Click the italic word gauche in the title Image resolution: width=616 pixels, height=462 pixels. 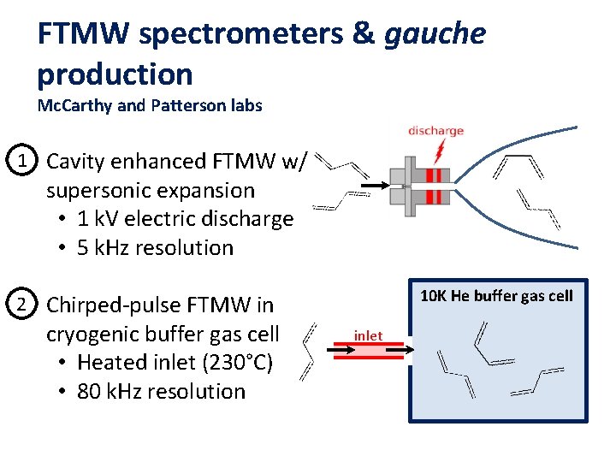435,34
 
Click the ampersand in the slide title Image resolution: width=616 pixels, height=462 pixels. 364,33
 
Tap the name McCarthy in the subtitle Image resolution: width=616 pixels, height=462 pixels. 74,106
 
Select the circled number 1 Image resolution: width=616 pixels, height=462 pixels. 21,160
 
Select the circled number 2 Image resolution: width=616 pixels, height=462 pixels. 21,304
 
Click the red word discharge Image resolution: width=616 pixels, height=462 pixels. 435,131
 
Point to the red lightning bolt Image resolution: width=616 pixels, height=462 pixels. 439,151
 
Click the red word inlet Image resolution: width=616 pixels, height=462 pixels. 368,336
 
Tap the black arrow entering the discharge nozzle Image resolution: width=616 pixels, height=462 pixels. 376,185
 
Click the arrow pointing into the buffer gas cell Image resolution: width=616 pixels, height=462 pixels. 400,349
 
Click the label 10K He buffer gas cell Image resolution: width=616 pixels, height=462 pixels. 496,296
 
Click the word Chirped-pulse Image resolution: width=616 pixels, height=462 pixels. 114,305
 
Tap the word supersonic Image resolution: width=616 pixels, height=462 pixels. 96,192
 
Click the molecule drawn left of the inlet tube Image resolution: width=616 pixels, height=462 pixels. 308,352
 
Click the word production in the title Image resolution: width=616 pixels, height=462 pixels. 115,74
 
